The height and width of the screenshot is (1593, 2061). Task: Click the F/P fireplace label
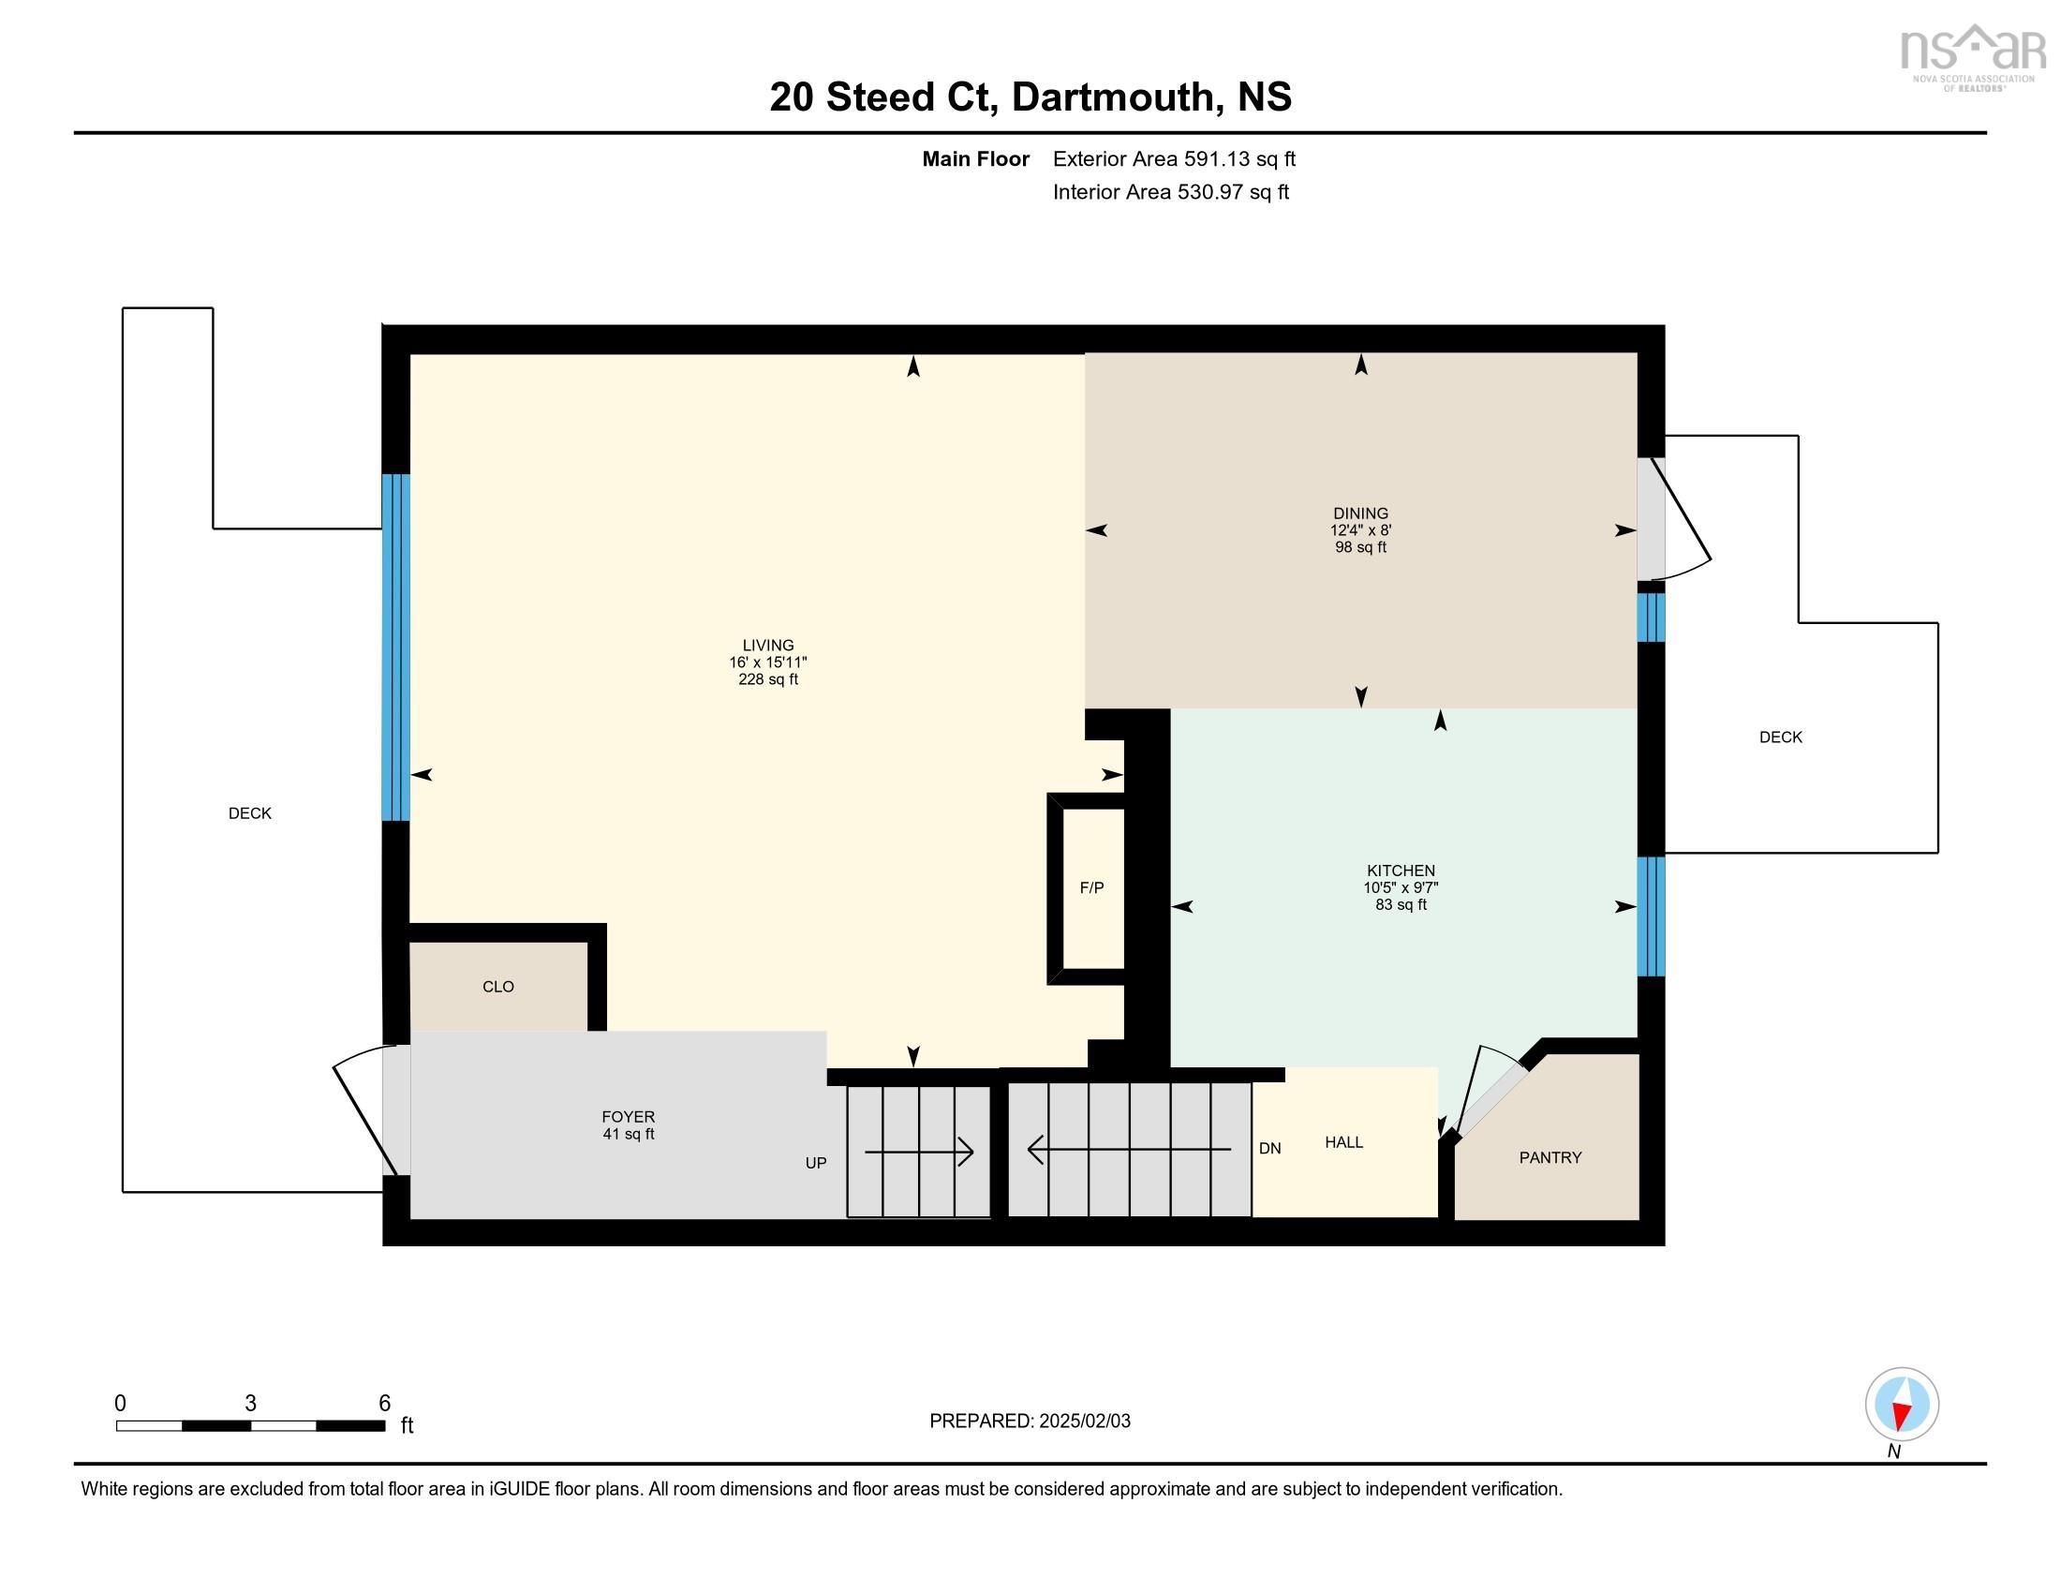coord(1091,888)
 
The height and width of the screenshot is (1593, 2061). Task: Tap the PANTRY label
coord(1549,1157)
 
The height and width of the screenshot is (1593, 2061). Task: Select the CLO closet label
coord(498,986)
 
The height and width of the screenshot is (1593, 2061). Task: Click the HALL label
coord(1343,1142)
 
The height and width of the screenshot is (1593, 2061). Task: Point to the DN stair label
coord(1269,1149)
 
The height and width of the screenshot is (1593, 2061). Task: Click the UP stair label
coord(815,1163)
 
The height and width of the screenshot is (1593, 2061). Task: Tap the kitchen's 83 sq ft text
coord(1401,904)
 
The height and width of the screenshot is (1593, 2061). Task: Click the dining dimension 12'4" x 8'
coord(1360,530)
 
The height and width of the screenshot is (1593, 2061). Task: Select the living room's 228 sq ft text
coord(768,679)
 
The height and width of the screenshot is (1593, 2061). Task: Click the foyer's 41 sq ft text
coord(629,1135)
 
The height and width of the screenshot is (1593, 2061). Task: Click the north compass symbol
coord(1902,1404)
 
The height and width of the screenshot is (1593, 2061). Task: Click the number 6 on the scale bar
coord(384,1403)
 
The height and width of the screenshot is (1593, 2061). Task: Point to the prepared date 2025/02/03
coord(1084,1422)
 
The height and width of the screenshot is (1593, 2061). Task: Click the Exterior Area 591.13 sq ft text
coord(1174,158)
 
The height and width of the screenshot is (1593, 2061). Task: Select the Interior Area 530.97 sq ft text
coord(1170,191)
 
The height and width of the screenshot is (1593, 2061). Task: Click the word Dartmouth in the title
coord(1113,97)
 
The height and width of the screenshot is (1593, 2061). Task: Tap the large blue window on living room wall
coord(395,647)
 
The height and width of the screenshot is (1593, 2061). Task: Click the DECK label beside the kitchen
coord(1780,737)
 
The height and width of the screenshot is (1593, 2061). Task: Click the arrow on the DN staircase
coord(1129,1150)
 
